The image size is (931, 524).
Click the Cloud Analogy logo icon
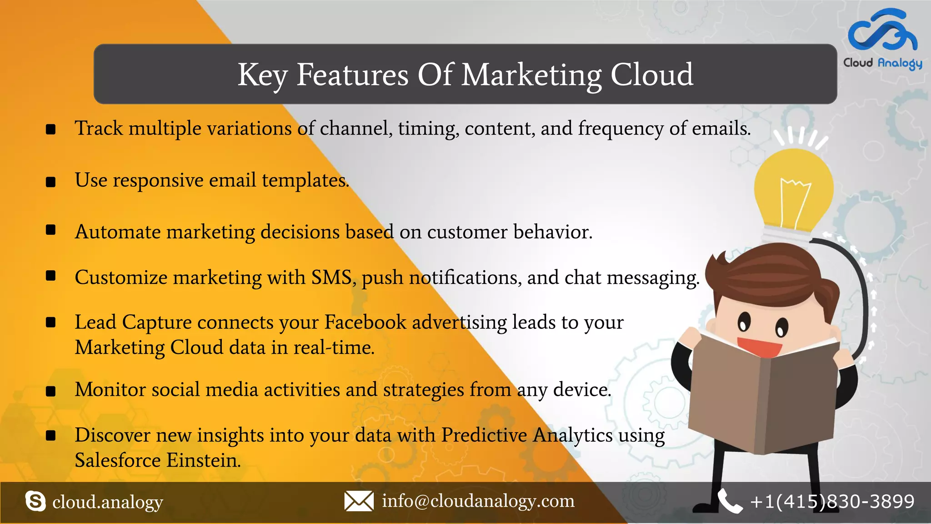coord(882,31)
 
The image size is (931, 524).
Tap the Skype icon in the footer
coord(35,501)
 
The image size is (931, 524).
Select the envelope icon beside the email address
coord(359,501)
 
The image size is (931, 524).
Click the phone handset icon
coord(730,501)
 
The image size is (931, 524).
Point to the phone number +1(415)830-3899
coord(832,501)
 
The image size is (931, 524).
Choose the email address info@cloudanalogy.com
coord(478,501)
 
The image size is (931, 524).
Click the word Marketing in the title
coord(531,75)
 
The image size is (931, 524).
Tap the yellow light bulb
coord(793,191)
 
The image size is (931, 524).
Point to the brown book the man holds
coord(764,396)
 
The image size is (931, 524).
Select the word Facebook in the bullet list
coord(365,322)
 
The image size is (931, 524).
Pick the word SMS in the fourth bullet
coord(331,277)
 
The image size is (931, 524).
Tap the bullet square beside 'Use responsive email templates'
coord(51,182)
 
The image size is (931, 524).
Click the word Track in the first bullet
coord(99,128)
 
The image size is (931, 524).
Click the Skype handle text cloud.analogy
coord(107,502)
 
